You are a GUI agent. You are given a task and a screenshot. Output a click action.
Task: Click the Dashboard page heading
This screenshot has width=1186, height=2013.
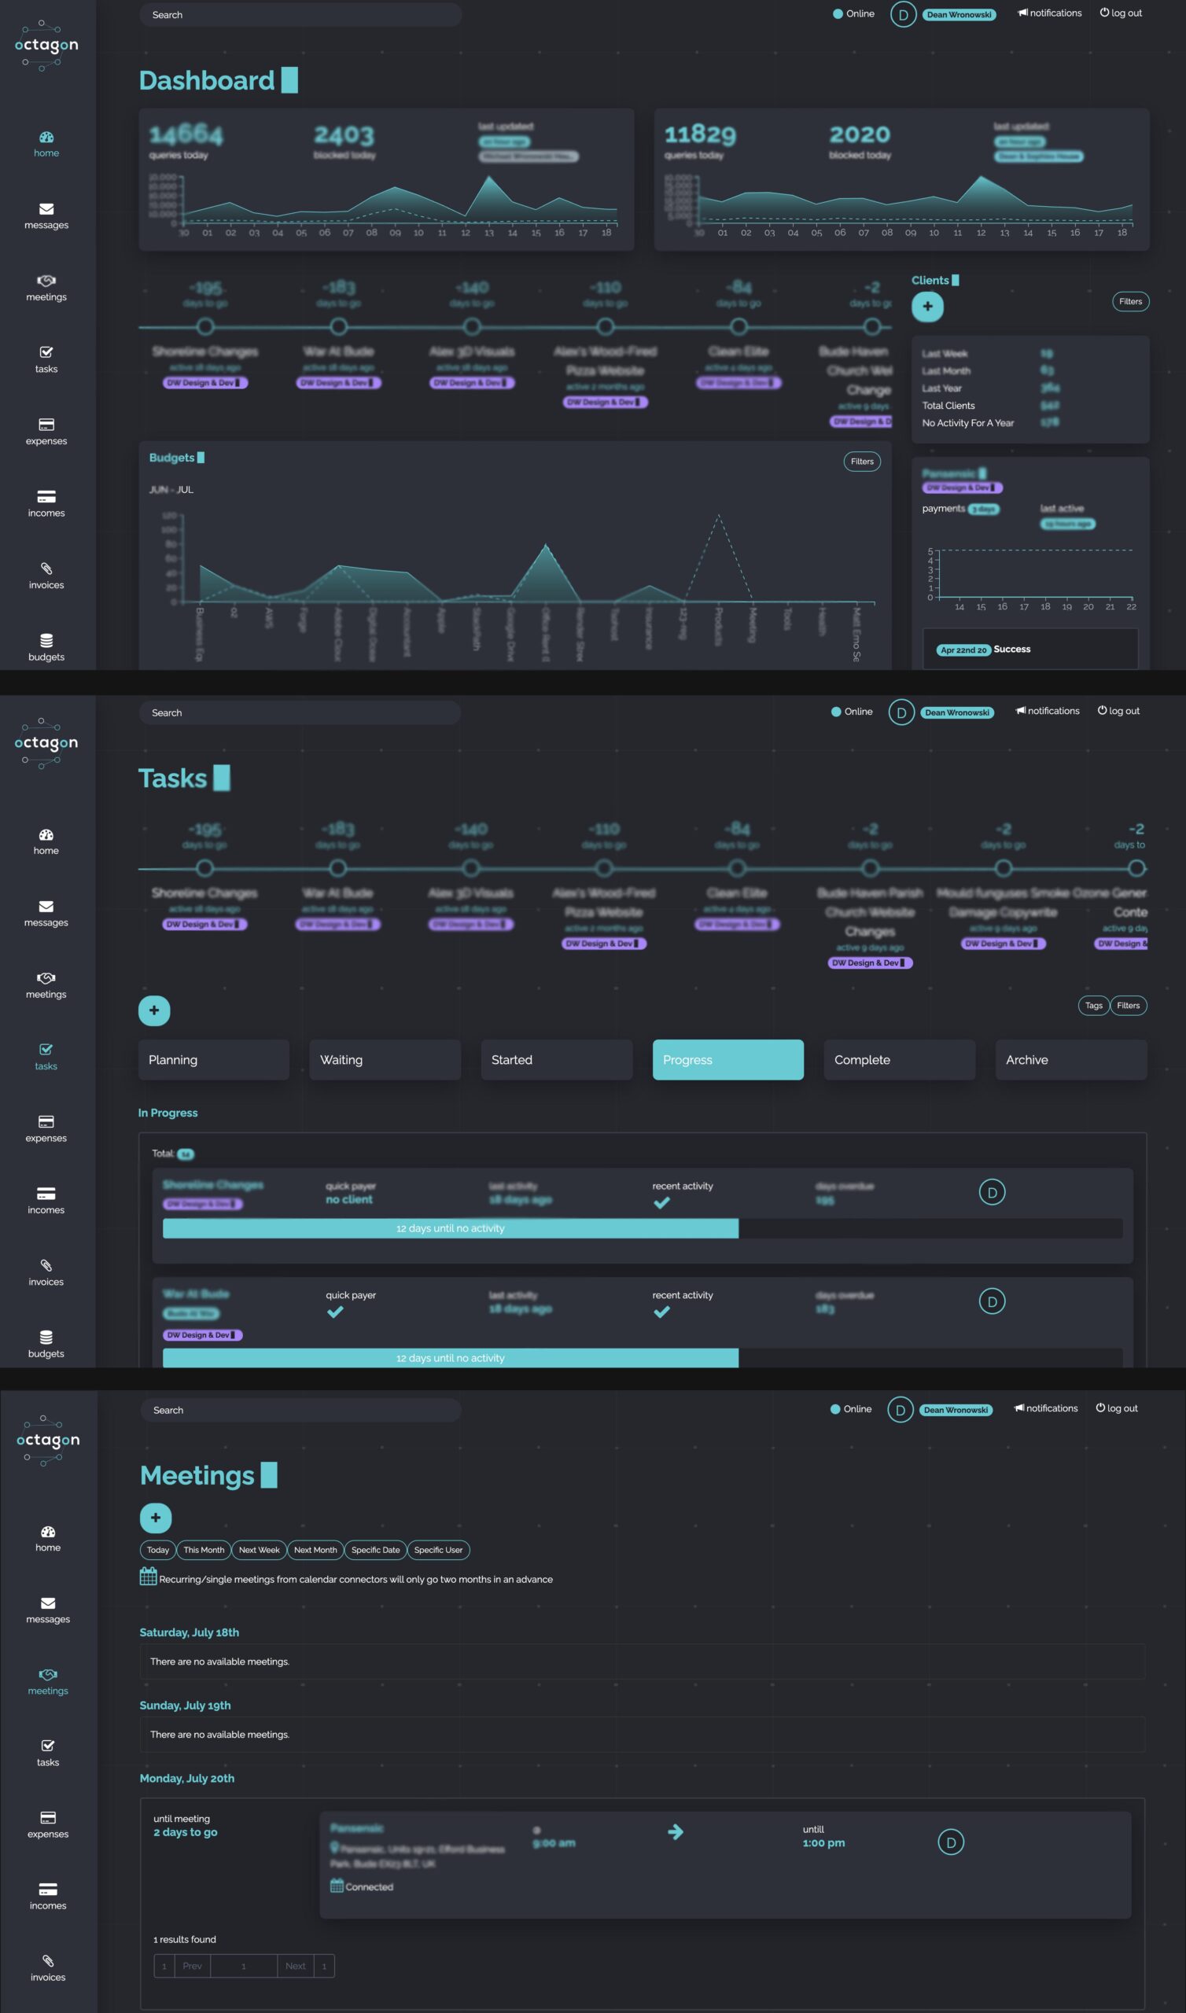206,81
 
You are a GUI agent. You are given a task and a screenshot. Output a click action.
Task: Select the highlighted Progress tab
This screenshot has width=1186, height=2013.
727,1059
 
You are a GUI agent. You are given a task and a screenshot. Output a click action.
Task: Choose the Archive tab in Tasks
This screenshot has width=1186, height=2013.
1070,1059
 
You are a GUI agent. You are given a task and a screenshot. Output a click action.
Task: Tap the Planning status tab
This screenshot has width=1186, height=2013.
213,1059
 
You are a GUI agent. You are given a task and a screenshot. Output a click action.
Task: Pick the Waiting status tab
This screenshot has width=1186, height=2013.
385,1059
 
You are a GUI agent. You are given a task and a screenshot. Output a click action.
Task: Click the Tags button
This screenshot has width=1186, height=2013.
1093,1005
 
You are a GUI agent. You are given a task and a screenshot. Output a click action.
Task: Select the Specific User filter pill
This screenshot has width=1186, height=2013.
438,1550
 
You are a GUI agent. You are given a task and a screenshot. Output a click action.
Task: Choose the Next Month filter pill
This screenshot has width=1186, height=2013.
315,1550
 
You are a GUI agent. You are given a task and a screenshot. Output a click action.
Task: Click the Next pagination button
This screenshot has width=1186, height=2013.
295,1966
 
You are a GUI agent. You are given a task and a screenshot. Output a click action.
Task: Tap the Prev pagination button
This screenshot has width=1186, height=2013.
192,1966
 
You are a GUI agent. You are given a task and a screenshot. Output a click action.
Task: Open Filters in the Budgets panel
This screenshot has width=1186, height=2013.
861,461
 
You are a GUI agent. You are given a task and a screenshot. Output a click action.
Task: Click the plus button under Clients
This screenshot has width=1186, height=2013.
927,306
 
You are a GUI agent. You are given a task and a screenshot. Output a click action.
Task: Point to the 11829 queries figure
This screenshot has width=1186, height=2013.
699,134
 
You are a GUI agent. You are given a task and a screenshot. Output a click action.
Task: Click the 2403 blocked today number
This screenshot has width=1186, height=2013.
344,135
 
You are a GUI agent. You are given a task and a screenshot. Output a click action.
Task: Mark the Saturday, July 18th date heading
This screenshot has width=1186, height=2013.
190,1632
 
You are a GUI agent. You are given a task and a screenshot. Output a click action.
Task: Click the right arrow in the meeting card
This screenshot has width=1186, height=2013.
676,1831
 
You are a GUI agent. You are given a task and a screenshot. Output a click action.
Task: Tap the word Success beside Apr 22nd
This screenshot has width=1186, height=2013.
1011,649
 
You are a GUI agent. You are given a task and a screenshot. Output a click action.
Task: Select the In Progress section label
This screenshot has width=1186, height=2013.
168,1113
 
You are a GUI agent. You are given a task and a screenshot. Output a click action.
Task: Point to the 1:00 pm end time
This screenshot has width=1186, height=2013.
823,1843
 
